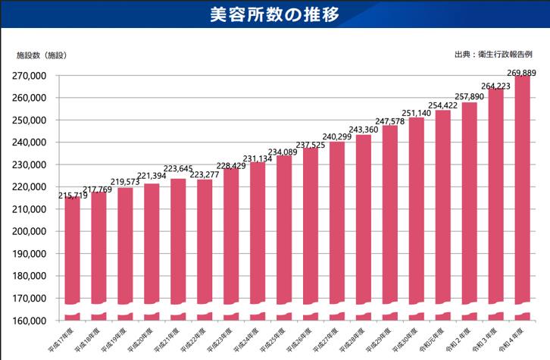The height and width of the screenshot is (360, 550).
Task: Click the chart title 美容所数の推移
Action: (274, 14)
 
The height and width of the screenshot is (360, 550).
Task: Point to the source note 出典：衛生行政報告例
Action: (493, 55)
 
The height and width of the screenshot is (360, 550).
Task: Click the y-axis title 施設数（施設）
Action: (42, 55)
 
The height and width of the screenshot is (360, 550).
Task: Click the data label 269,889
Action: (521, 73)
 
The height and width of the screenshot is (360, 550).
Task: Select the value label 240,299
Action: (338, 137)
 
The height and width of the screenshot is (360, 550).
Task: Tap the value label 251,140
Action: (417, 114)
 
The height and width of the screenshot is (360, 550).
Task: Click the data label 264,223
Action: (495, 86)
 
